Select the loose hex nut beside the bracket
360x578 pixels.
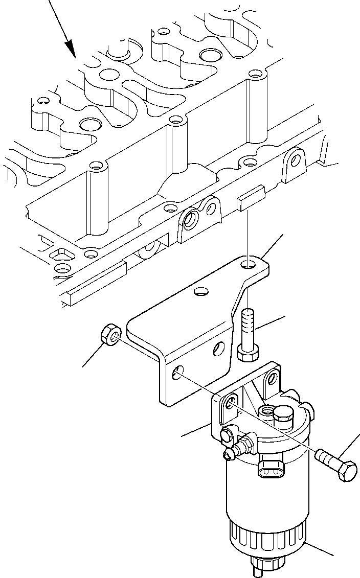[x=109, y=336]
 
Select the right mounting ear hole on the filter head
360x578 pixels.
[x=272, y=379]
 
